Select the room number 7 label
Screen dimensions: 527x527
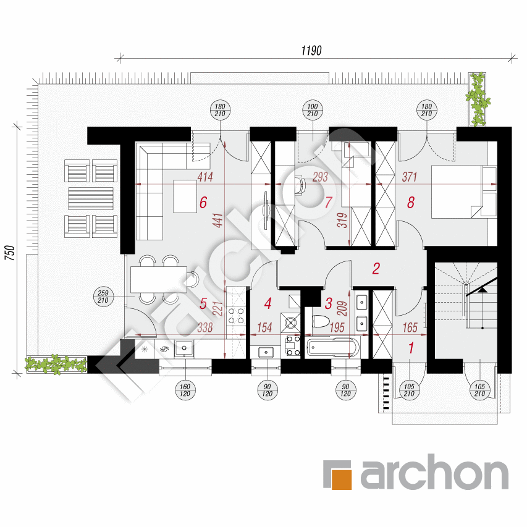(329, 202)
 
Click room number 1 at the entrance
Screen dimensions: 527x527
(411, 348)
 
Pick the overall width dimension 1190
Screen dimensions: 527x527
(313, 50)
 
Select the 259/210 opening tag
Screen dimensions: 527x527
(103, 296)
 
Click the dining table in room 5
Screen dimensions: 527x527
(158, 280)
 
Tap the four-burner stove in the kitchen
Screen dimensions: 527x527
(236, 316)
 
